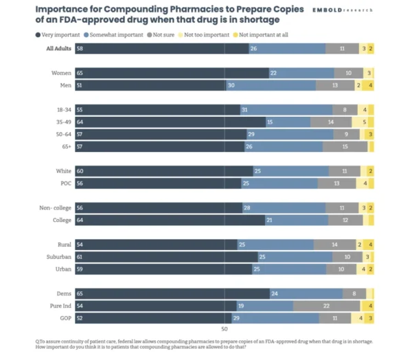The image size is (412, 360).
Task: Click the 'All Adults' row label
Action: [60, 49]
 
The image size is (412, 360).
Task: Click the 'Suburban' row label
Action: [58, 256]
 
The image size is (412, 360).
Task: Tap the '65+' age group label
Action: [67, 146]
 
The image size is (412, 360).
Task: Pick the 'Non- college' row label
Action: [55, 207]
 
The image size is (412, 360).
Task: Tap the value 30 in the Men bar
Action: [230, 85]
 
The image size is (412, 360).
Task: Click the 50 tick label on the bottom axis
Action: [224, 329]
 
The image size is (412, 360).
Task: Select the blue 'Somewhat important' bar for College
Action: [295, 220]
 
